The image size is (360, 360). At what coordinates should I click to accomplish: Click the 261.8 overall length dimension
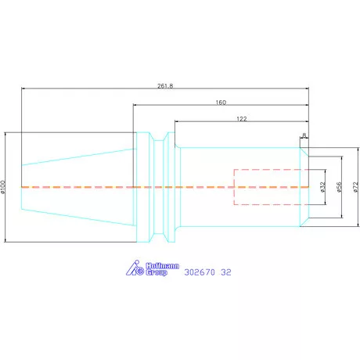tap(165, 86)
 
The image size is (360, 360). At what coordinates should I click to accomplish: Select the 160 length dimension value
tap(221, 103)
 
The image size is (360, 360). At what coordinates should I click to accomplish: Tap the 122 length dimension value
tap(242, 119)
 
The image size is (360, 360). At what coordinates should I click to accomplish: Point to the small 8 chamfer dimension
tap(304, 135)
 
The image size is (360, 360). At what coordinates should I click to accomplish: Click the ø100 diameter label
tap(3, 187)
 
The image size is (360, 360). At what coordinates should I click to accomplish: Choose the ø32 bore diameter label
tap(323, 187)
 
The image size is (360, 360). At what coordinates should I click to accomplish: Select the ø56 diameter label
tap(339, 187)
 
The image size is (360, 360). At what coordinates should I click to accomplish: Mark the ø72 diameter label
tap(356, 187)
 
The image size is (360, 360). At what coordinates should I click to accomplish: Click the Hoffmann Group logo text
tap(162, 269)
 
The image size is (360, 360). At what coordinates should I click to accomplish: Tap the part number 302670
tap(200, 272)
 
